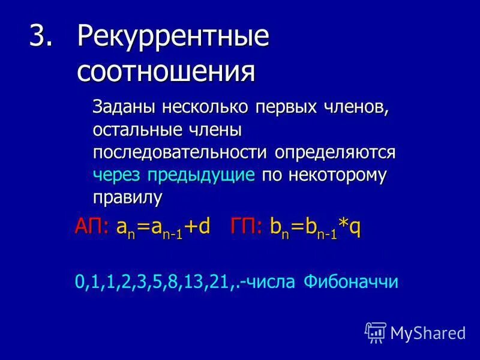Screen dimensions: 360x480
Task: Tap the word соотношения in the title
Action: (x=166, y=72)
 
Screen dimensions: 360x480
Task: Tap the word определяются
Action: (x=335, y=152)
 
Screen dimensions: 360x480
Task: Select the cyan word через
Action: (x=116, y=175)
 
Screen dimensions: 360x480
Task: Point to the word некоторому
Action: (x=338, y=175)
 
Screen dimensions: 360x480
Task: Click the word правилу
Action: (x=127, y=197)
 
